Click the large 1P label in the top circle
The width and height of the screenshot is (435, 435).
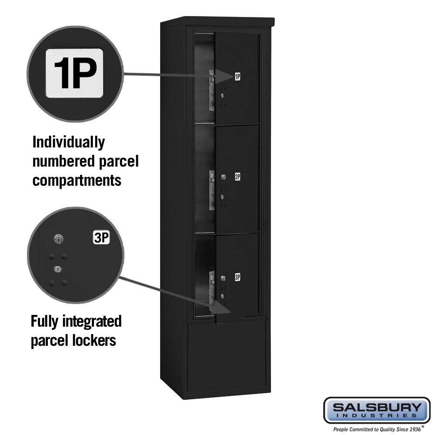74,73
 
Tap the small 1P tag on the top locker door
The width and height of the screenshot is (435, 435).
238,77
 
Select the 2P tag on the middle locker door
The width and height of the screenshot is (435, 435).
238,177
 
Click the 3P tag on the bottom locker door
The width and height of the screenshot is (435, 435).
238,277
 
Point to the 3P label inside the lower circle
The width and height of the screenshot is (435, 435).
101,238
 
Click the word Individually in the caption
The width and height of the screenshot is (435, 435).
69,143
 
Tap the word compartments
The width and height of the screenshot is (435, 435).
77,181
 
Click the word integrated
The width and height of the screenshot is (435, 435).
92,322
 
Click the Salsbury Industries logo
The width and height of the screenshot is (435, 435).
377,410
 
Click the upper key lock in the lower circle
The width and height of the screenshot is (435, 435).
58,239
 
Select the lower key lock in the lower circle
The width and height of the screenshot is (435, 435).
58,269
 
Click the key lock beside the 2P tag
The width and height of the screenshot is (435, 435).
223,177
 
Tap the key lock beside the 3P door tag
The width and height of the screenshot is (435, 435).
223,278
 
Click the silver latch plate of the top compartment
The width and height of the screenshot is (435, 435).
212,90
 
